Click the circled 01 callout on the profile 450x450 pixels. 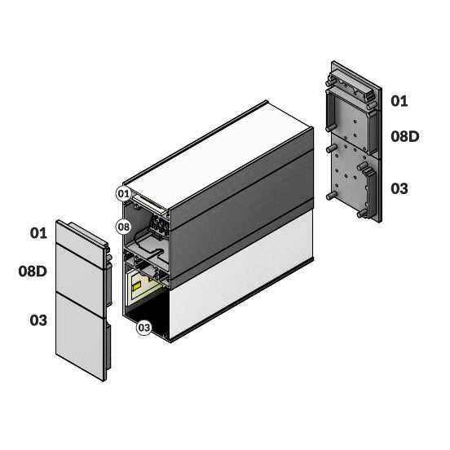pos(124,194)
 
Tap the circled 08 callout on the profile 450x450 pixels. pos(124,227)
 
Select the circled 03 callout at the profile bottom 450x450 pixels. pos(143,328)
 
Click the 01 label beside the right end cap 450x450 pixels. pos(399,101)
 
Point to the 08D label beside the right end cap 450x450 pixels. pos(405,136)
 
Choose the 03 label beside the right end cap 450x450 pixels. pos(399,188)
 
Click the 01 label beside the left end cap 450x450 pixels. pos(38,233)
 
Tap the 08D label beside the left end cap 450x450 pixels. pos(33,271)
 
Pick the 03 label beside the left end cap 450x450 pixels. pos(38,320)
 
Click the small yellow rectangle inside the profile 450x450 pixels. pos(136,286)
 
